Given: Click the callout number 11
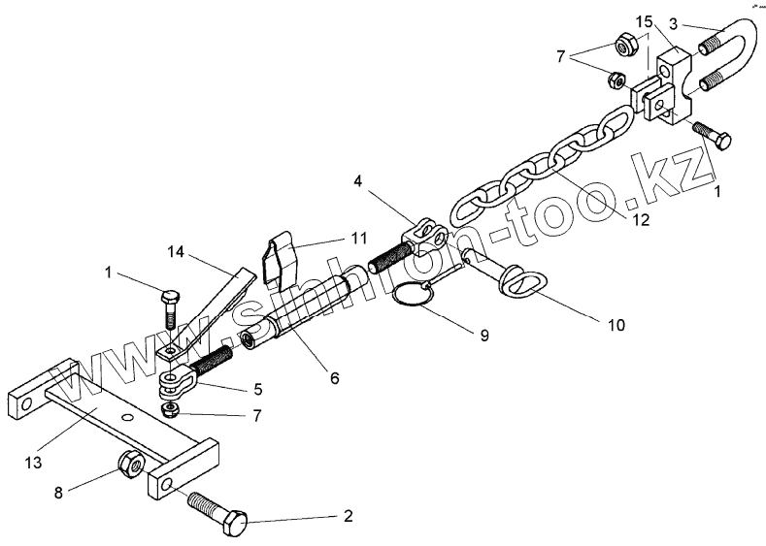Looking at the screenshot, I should coord(332,237).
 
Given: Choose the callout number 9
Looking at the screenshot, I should coord(483,336).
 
